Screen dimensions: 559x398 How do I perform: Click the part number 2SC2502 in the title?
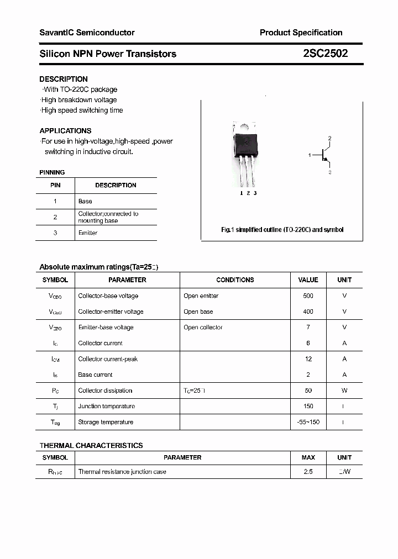(x=325, y=54)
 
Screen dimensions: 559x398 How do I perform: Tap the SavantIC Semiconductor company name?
(x=87, y=33)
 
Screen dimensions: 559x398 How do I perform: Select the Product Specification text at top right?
(x=301, y=33)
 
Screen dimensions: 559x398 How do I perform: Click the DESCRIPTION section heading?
(x=64, y=79)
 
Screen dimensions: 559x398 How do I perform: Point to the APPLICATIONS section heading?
(x=65, y=131)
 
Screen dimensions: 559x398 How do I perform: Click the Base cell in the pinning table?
(x=85, y=202)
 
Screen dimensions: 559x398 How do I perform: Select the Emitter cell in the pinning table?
(x=88, y=233)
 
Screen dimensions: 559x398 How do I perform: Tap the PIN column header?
(x=55, y=185)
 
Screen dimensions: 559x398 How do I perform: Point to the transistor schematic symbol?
(x=323, y=156)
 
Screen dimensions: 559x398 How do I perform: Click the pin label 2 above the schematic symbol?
(x=329, y=138)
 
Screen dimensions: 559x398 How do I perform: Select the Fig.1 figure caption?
(x=282, y=230)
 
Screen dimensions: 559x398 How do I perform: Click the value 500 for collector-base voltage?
(x=308, y=296)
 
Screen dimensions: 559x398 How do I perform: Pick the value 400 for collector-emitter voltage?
(x=308, y=312)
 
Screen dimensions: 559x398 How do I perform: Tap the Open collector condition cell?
(x=203, y=328)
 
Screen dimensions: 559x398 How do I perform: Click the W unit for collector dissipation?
(x=344, y=391)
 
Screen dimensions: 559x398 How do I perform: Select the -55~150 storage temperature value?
(x=308, y=422)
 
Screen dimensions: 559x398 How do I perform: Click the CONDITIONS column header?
(x=235, y=280)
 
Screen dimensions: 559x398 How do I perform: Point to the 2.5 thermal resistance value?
(x=308, y=472)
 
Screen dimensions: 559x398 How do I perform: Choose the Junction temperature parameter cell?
(x=107, y=407)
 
